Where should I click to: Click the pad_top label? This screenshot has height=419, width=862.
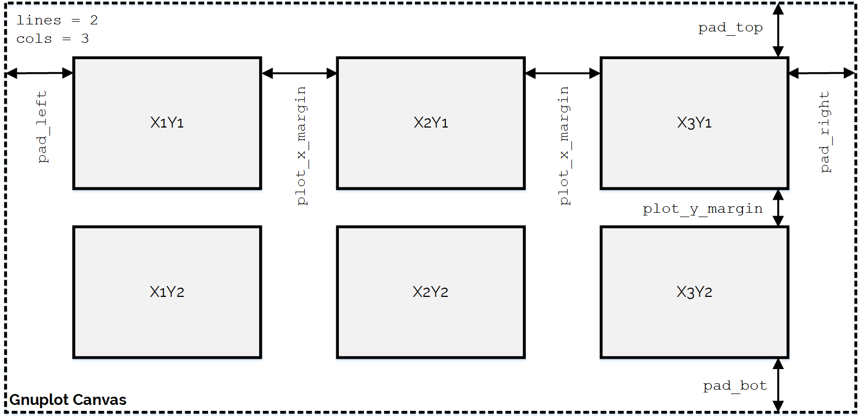730,28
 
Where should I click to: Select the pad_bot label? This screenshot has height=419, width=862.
735,386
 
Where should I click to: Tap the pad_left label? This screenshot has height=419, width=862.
42,127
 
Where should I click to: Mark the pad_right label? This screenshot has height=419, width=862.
825,132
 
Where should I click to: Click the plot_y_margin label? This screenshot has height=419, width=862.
702,209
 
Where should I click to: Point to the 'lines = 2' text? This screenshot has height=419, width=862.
57,21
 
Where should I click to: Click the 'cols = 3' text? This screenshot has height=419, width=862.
52,39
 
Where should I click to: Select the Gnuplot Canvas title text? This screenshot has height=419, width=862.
68,400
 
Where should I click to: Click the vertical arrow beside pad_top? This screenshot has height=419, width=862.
778,30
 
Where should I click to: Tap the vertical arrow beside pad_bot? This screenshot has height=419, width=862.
778,385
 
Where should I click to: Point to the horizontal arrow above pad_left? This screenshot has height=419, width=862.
39,73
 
